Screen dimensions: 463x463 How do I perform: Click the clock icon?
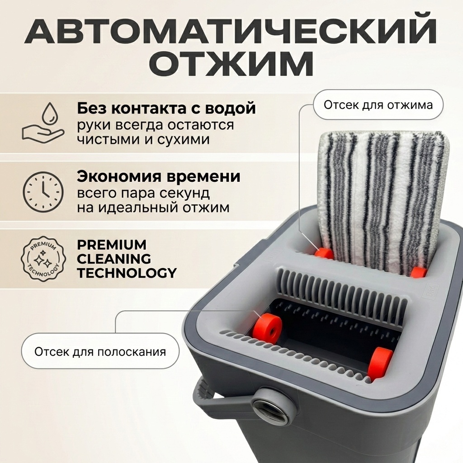click(43, 191)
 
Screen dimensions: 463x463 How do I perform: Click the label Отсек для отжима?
click(378, 105)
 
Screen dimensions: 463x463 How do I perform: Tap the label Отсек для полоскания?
click(100, 352)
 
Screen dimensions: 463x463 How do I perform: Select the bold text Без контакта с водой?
click(166, 109)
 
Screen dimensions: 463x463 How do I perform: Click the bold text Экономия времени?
click(159, 177)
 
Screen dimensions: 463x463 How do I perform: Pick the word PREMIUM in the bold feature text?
click(112, 245)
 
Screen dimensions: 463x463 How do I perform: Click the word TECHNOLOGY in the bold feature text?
click(127, 273)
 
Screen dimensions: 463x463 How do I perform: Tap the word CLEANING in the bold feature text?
click(113, 259)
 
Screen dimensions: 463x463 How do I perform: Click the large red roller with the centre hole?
click(268, 326)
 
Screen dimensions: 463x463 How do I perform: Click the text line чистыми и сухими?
click(143, 139)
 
